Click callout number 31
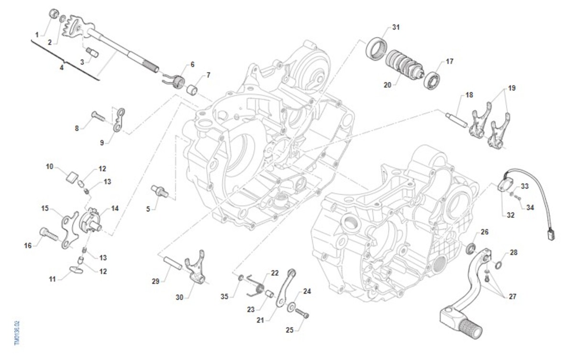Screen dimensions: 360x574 coord(396,27)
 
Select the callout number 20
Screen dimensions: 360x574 coord(387,85)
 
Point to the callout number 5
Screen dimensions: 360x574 coord(148,209)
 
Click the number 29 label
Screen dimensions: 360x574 coord(155,281)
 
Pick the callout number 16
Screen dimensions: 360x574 coord(28,245)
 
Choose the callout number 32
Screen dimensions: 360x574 coord(511,215)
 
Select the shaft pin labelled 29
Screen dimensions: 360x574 coord(172,265)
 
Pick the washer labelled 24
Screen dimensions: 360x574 coord(291,306)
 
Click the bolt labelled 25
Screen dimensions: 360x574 coord(302,314)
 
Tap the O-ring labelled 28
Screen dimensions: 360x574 coord(498,264)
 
